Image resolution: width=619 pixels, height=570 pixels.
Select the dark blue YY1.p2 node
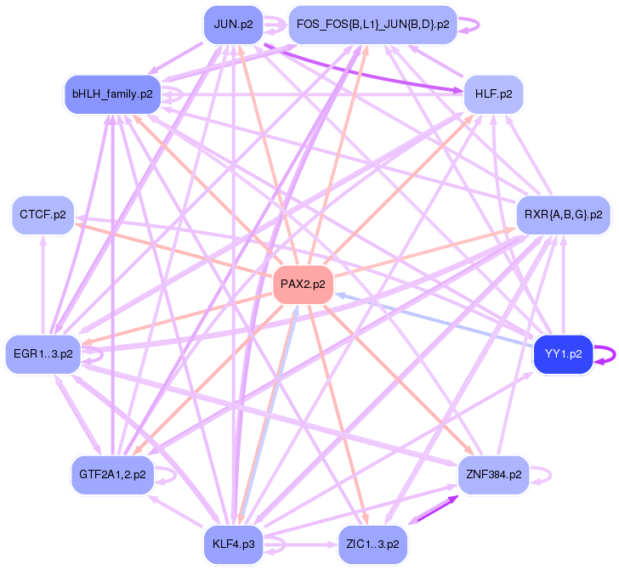(x=562, y=355)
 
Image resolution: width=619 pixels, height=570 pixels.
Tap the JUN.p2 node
(x=233, y=24)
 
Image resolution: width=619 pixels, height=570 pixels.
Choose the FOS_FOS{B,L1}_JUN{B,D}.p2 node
(x=373, y=24)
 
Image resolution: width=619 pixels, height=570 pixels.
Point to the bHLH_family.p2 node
(x=112, y=94)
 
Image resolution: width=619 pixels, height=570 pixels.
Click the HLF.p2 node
(x=493, y=94)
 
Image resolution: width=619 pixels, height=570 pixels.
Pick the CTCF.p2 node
(x=43, y=215)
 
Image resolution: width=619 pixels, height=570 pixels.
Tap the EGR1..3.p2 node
(x=43, y=353)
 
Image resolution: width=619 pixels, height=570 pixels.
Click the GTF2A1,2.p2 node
(x=112, y=474)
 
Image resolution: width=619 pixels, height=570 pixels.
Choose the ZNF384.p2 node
(x=493, y=474)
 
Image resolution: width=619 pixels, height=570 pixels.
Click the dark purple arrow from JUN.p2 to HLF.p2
(x=366, y=65)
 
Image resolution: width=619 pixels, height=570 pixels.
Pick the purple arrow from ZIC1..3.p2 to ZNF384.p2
(x=434, y=510)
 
